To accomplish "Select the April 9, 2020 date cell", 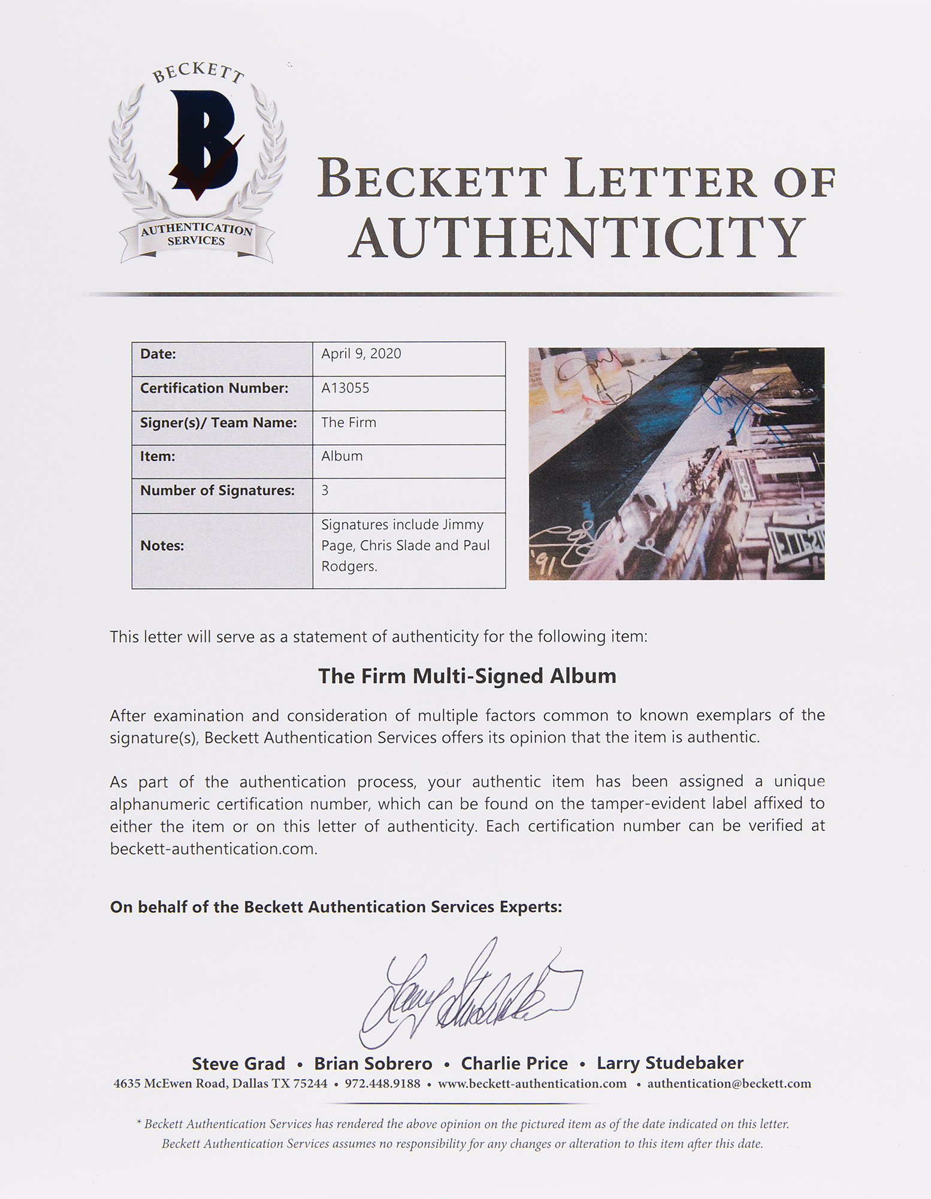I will pos(361,354).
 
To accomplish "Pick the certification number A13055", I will pos(346,388).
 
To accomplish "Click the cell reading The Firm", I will pos(349,423).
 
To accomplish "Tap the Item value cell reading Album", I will pos(342,456).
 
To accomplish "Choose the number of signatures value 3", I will pos(325,490).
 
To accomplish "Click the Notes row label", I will pos(162,546).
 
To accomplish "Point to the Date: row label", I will pos(158,354).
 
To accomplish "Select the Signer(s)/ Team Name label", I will pos(219,423).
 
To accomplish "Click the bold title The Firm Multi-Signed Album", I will pos(467,676).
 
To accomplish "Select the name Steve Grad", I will pos(238,1064).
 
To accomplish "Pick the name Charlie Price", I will pos(514,1064).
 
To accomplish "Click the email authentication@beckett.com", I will pos(729,1084).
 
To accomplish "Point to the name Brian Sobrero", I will pos(373,1064).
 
